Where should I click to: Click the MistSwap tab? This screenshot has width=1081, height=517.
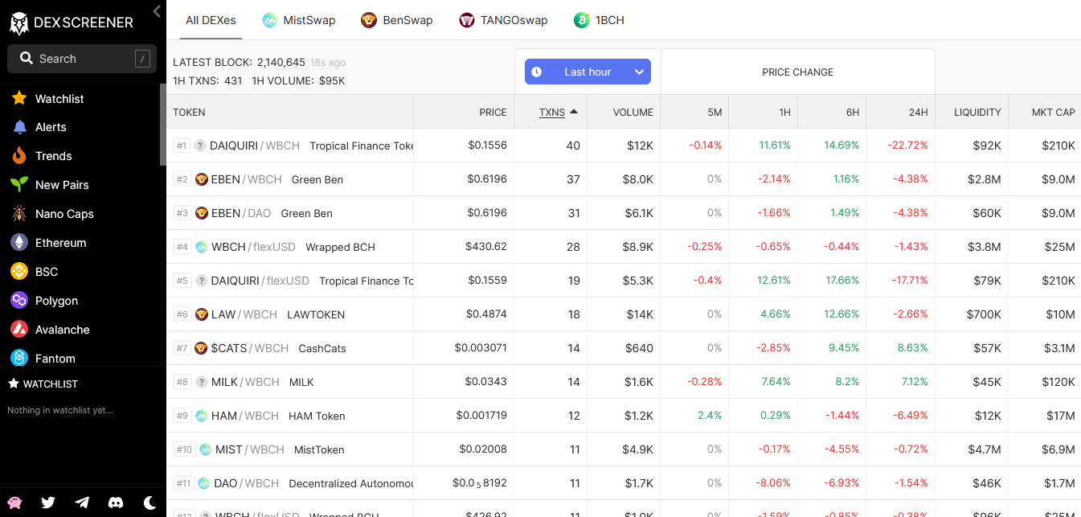pos(299,20)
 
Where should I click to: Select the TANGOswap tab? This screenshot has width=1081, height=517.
pos(503,20)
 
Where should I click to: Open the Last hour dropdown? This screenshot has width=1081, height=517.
pos(588,72)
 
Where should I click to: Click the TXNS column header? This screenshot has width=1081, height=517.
pos(551,113)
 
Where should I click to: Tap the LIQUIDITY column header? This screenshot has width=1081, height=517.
pos(977,113)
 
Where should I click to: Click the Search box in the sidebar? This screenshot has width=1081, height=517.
pos(82,59)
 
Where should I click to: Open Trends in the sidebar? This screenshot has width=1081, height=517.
pos(53,156)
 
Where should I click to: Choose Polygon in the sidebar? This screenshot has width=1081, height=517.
pos(56,301)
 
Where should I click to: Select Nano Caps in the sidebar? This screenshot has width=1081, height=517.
pos(64,214)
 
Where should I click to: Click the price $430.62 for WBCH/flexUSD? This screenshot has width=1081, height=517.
pos(486,247)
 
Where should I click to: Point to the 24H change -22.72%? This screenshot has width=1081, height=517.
pos(907,146)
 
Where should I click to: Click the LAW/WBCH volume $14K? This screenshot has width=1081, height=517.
pos(640,314)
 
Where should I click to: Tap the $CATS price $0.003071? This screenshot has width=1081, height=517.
pos(481,348)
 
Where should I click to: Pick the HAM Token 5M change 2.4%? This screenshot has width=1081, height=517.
pos(710,416)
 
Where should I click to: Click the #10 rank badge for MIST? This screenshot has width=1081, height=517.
pos(184,449)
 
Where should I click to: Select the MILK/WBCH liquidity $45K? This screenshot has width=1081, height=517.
pos(987,382)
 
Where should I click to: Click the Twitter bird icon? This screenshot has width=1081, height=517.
pos(48,503)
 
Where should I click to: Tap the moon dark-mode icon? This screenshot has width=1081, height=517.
pos(149,503)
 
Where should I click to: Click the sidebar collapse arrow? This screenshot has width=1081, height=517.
pos(157,11)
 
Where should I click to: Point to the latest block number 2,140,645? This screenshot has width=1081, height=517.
pos(280,62)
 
